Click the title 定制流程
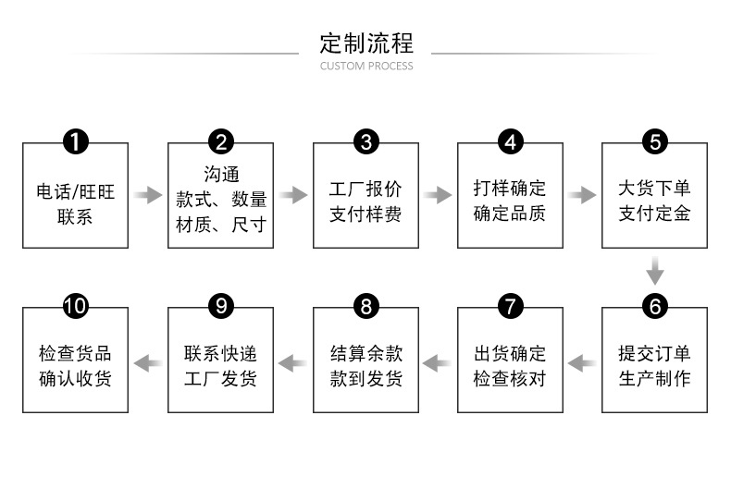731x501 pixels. (x=365, y=43)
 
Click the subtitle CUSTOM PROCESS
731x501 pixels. (x=365, y=67)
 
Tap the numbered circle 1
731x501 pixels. (x=75, y=141)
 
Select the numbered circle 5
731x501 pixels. (x=655, y=141)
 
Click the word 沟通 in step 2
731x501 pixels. (x=220, y=175)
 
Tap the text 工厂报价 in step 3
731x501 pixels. (x=365, y=189)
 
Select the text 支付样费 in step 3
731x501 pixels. (x=365, y=214)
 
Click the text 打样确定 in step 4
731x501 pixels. (x=510, y=189)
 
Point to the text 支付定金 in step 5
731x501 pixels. (x=655, y=214)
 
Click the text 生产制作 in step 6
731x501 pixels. (x=655, y=379)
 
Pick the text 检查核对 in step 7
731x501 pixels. (x=510, y=379)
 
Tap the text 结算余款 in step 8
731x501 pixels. (x=365, y=354)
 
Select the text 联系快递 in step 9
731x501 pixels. (x=220, y=354)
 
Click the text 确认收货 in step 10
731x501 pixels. (x=75, y=379)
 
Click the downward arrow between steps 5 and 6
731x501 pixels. (x=655, y=270)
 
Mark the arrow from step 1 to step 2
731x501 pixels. (x=148, y=195)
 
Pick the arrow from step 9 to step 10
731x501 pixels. (x=148, y=360)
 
